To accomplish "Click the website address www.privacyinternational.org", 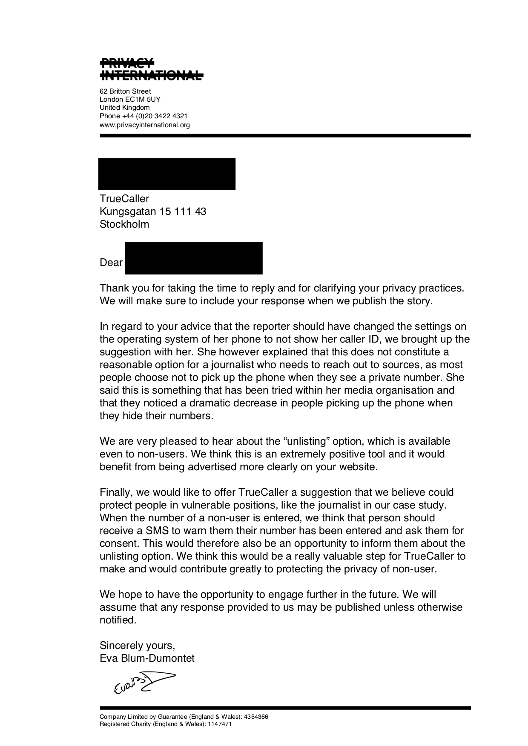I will pos(145,125).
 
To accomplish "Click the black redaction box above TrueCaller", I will pos(167,174).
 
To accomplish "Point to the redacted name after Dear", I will pos(194,258).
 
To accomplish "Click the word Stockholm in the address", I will pos(124,224).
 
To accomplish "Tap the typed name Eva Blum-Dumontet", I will pos(147,658).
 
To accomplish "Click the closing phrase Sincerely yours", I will pos(137,646).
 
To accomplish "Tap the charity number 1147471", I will pos(220,724).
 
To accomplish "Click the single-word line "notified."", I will pos(118,620).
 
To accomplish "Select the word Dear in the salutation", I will pos(111,263).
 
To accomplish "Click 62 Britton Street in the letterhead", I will pos(125,91).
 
